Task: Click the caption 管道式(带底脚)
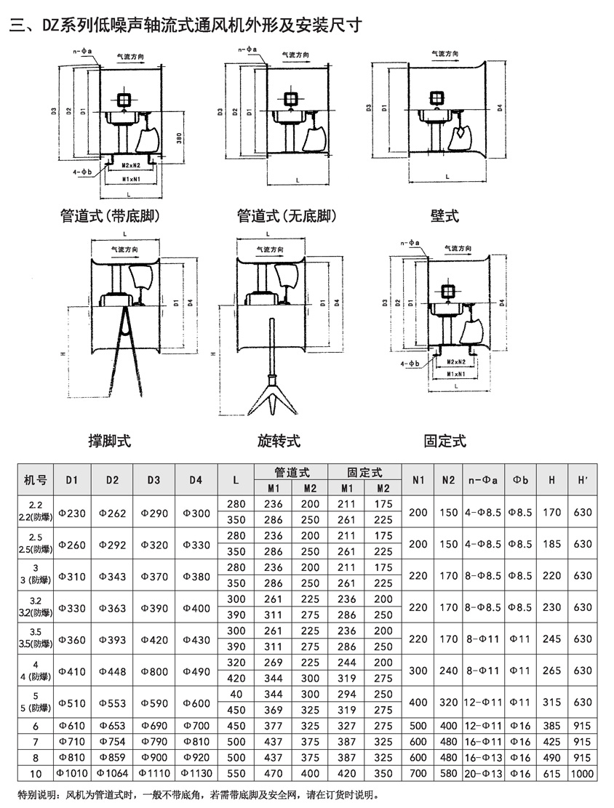110,216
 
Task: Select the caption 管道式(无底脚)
287,216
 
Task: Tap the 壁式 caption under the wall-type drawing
444,216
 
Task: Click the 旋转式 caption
279,441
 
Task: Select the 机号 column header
36,480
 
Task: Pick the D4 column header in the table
196,480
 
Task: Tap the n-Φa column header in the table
481,480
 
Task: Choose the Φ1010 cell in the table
72,772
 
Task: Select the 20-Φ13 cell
481,772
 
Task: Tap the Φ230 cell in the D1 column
72,513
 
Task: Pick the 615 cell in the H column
552,772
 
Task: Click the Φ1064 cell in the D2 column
112,772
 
